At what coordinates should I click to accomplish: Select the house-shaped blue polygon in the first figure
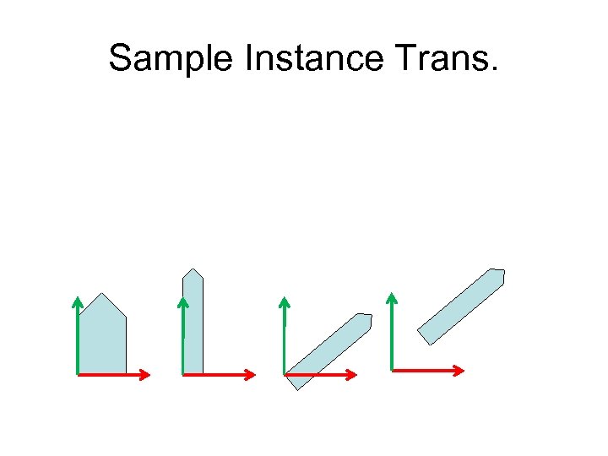(x=102, y=338)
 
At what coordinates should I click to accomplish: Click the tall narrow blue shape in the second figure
(x=193, y=325)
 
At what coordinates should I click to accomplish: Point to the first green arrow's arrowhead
(x=77, y=301)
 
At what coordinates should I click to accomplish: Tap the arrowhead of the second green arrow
(x=182, y=301)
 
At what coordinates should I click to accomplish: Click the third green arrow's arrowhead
(x=285, y=301)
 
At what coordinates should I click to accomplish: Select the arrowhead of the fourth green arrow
(x=392, y=296)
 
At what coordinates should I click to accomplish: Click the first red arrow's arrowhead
(x=146, y=374)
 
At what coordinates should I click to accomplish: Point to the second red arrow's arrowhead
(x=251, y=374)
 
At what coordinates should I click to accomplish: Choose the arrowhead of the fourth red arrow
(x=460, y=370)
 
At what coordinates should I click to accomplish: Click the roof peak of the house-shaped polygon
(x=103, y=294)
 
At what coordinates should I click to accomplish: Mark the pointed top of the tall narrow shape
(x=193, y=269)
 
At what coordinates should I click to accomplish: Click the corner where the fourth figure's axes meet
(x=393, y=369)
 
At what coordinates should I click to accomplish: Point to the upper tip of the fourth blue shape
(x=499, y=271)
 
